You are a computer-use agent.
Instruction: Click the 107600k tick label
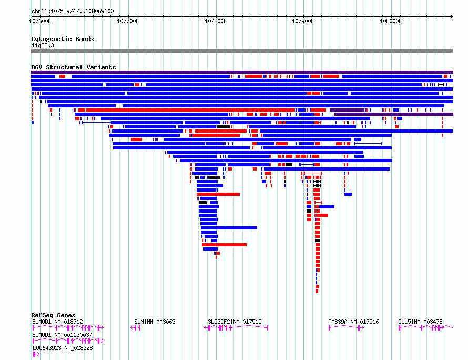(40, 21)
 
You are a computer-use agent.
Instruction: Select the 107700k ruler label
(128, 21)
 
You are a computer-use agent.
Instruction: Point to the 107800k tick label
(216, 21)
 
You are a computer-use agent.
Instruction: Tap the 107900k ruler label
(303, 21)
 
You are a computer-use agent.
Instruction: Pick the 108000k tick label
(391, 21)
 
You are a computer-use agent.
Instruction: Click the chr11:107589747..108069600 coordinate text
(73, 11)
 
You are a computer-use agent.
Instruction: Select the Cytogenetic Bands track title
(63, 39)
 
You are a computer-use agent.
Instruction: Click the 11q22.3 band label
(43, 45)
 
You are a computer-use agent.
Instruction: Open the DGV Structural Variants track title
(74, 67)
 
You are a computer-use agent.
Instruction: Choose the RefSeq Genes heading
(53, 315)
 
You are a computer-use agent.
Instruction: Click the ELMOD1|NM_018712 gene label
(57, 322)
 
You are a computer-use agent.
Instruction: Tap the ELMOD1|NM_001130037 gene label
(62, 335)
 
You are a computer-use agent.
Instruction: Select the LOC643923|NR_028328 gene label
(63, 348)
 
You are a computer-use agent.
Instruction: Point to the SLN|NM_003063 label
(155, 322)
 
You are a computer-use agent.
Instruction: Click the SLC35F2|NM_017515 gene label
(235, 322)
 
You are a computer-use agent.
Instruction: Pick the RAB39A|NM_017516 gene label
(353, 322)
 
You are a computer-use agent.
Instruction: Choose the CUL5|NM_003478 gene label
(420, 322)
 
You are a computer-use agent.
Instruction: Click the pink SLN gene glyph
(136, 328)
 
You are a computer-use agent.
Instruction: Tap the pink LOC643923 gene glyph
(36, 354)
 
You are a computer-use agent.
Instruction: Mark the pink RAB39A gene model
(346, 328)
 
